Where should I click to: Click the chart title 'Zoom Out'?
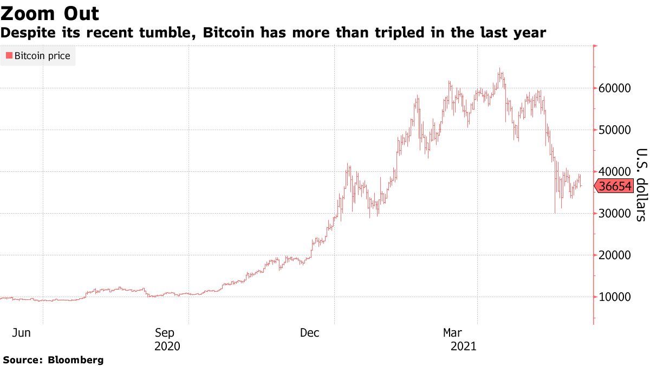coord(50,13)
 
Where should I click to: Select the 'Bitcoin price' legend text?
coord(42,56)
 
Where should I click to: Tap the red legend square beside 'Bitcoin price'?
coord(8,56)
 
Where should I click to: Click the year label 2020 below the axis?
coord(167,345)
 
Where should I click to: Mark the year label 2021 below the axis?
coord(463,345)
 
